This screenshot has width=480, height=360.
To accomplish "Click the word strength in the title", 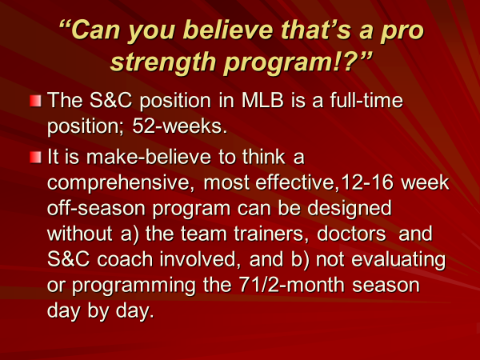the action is [164, 62].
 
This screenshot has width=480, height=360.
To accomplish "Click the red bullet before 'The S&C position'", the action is [35, 101].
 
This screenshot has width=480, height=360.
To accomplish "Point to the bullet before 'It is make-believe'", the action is [35, 158].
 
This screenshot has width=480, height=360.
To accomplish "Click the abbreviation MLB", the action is [262, 101].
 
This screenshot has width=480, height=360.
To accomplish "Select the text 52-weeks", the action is [180, 126].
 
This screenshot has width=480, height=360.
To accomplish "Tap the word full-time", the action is [366, 100].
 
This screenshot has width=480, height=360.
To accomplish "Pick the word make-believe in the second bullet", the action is [149, 157].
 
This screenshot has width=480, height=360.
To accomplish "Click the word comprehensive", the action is [121, 184].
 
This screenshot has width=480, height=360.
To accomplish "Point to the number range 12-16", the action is [367, 182].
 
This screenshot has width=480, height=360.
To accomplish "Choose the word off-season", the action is [97, 208].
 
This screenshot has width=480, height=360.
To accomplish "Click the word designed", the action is [350, 210].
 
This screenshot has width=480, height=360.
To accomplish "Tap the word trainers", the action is [271, 234].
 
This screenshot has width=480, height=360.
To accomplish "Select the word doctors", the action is [351, 234].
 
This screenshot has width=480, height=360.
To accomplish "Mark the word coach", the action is [125, 259].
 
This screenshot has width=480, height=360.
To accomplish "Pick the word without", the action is [80, 234].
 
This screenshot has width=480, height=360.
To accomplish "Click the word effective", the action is [297, 182].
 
